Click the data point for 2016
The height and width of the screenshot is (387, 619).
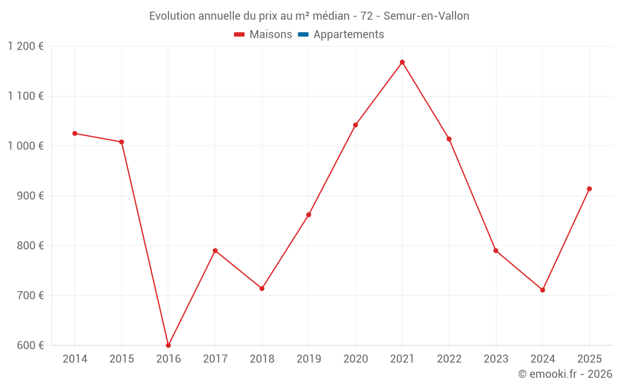(168, 345)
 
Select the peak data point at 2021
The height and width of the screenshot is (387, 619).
(402, 62)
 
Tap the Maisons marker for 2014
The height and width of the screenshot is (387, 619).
(75, 134)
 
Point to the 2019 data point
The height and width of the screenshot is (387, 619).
(309, 215)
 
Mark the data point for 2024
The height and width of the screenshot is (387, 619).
(543, 290)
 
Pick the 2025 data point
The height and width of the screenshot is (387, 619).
(589, 189)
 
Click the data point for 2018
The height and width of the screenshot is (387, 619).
(262, 289)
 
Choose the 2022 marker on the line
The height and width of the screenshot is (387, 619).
(449, 139)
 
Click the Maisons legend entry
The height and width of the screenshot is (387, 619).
(263, 34)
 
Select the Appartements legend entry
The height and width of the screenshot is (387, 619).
(341, 34)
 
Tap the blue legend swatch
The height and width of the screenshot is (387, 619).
(303, 34)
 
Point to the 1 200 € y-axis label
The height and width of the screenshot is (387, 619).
(26, 46)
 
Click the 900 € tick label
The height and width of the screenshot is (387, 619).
(30, 196)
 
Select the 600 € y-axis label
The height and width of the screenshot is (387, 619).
(30, 345)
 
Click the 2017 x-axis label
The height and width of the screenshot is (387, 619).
(215, 359)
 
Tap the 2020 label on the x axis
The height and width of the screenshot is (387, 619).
(356, 359)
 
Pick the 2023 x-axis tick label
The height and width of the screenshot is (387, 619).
(496, 359)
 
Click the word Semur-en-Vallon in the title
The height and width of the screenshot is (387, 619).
(426, 16)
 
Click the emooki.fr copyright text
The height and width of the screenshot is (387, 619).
(565, 373)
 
